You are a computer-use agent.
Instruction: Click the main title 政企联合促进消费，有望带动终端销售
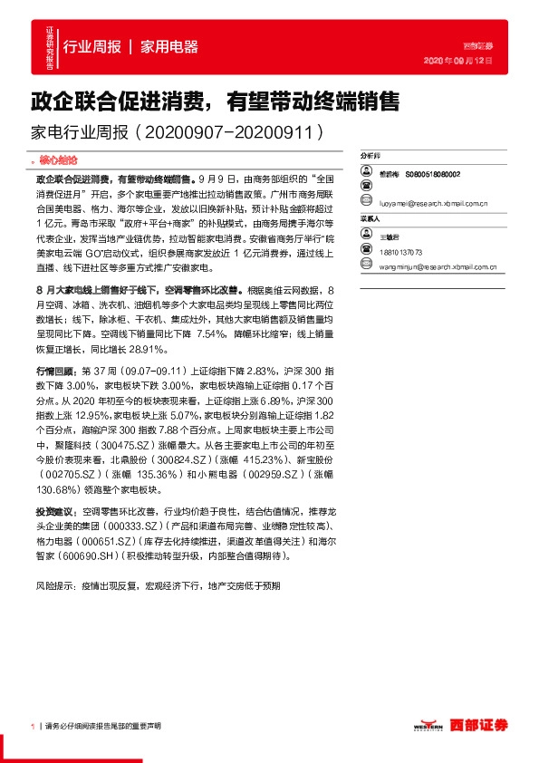[x=217, y=101]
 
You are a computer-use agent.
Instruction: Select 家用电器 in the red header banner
[x=169, y=47]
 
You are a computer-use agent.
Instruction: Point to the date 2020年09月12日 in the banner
[x=459, y=61]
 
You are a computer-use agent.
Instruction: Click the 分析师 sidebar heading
[x=371, y=157]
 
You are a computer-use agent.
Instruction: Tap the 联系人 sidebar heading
[x=371, y=219]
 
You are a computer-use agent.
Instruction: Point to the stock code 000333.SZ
[x=132, y=525]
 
